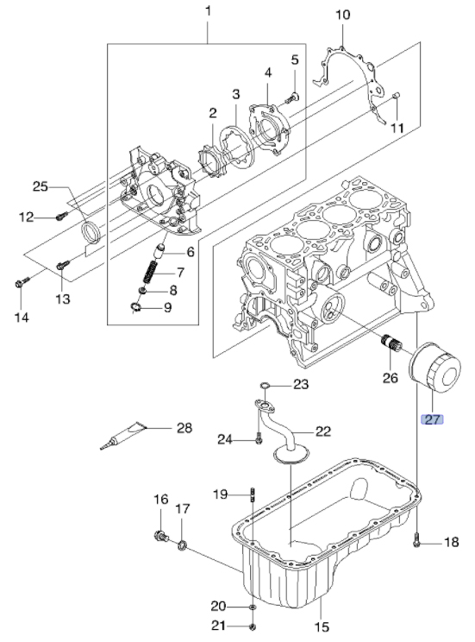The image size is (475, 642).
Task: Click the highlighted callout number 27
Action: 432,419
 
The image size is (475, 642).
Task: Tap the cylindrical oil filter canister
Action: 435,368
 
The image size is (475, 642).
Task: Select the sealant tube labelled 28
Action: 122,436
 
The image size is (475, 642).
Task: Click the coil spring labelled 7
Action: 150,272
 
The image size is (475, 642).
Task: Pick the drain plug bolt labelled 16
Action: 161,537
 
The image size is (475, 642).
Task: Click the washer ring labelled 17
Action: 183,545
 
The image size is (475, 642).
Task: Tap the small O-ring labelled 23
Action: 266,385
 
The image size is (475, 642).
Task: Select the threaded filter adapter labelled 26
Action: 391,344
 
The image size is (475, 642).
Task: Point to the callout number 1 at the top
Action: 208,10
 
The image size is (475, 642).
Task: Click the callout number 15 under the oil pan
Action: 322,626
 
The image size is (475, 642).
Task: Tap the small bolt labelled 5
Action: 291,98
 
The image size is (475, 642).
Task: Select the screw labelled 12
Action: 61,215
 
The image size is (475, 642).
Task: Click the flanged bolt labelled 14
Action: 22,281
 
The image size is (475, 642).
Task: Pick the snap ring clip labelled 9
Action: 134,306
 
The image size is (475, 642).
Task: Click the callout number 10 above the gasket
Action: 343,15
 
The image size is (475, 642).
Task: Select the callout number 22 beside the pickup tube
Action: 322,431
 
